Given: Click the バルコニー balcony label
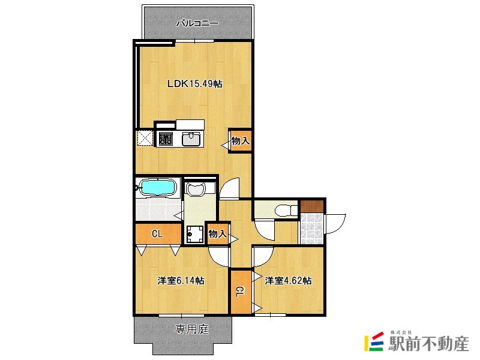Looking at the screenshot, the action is [197, 23].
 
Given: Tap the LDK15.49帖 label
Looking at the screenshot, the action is [194, 83].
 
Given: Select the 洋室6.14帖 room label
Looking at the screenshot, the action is [181, 280].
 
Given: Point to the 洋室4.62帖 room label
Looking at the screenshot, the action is [288, 280].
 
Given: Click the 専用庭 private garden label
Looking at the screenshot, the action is [191, 329].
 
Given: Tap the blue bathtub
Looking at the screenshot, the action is [158, 187].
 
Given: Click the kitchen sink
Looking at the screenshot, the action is [191, 139].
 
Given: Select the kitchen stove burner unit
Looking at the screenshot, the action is [166, 139].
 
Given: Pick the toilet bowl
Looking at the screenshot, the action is [286, 211].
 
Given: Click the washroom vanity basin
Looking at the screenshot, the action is [196, 189].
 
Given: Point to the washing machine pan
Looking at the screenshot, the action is [194, 234].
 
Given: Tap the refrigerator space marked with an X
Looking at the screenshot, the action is [145, 139].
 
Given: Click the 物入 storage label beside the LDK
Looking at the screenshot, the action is [241, 141].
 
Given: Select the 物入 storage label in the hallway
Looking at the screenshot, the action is [218, 234].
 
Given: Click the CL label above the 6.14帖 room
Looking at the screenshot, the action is [157, 234].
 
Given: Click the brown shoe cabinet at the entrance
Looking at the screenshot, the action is [311, 206].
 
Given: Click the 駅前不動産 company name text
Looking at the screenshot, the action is [428, 344].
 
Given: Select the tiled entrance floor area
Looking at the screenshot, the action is [311, 229].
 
